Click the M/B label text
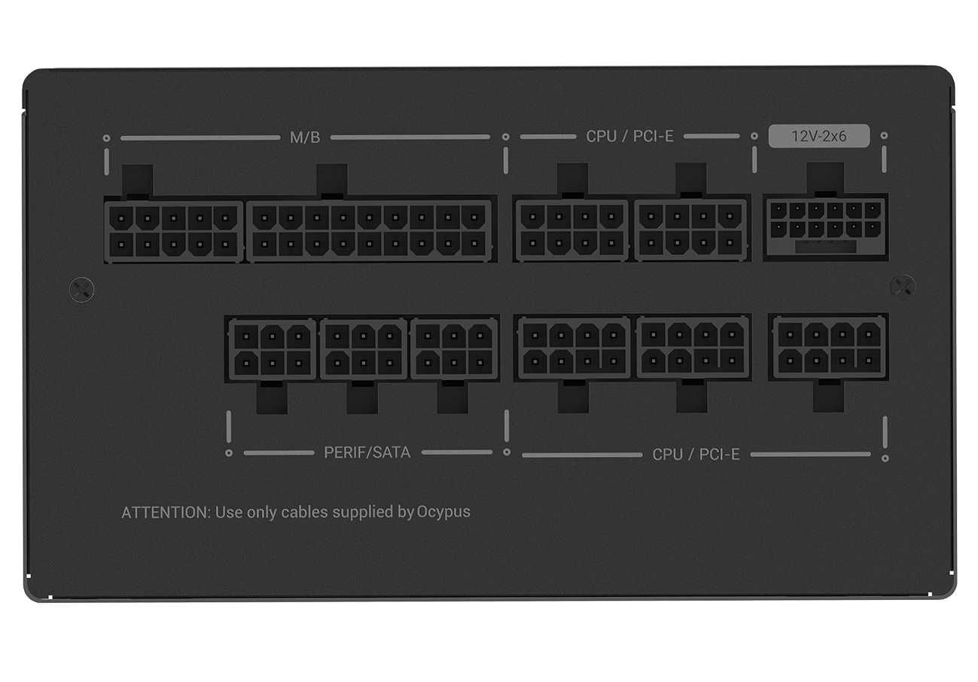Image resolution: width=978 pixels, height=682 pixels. click(x=305, y=138)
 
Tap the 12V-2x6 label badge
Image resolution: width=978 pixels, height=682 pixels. click(x=818, y=136)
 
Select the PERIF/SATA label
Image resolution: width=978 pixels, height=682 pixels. click(x=367, y=452)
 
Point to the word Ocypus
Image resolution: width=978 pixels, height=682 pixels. click(x=443, y=512)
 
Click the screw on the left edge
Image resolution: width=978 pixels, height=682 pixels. click(x=81, y=289)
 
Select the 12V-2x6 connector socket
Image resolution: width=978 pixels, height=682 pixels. click(x=825, y=228)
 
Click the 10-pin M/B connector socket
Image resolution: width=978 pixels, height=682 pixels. click(x=173, y=230)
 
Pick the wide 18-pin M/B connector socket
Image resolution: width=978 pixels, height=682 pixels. click(x=369, y=230)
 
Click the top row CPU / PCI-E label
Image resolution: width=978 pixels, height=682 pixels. click(x=629, y=136)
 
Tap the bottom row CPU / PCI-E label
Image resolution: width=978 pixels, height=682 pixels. click(x=696, y=454)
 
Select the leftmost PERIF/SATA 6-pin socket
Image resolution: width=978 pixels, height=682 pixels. click(x=272, y=350)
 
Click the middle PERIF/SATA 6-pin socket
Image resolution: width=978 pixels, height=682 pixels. click(x=363, y=350)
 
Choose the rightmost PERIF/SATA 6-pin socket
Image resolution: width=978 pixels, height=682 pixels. click(x=454, y=350)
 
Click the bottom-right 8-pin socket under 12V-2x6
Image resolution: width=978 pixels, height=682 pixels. click(x=827, y=346)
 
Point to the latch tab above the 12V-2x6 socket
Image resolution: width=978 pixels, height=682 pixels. click(x=825, y=179)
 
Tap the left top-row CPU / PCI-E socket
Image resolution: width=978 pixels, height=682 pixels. click(x=571, y=230)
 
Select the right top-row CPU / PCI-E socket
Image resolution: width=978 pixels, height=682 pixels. click(x=690, y=230)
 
